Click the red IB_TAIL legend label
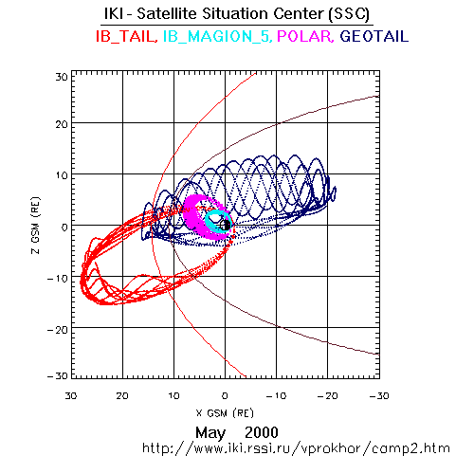[126, 36]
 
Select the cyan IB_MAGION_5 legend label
[217, 36]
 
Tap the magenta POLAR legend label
[305, 36]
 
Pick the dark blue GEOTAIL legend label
[374, 36]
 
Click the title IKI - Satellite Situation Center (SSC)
[237, 14]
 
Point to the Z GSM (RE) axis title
[36, 226]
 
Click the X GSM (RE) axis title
[225, 413]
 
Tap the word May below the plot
[210, 432]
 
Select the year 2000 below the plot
[262, 432]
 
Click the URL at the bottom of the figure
[296, 448]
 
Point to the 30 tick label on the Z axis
[62, 77]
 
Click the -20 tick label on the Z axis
[58, 330]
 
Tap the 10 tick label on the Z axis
[62, 175]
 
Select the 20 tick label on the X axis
[122, 395]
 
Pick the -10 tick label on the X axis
[276, 395]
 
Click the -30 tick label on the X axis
[379, 395]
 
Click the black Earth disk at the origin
[226, 225]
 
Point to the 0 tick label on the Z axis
[64, 227]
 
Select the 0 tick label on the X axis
[225, 395]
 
